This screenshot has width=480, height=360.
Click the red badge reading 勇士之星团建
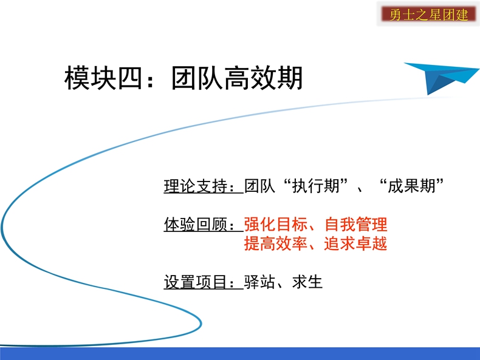[x=428, y=15]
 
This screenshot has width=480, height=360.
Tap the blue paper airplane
[x=441, y=77]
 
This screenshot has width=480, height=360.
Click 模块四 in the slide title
[x=103, y=78]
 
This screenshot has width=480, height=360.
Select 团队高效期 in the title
[x=236, y=78]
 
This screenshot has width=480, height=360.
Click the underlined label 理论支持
[x=196, y=186]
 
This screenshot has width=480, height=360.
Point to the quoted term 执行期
[x=316, y=186]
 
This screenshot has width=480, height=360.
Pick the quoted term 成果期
[x=411, y=186]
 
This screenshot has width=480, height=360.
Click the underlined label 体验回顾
[x=196, y=225]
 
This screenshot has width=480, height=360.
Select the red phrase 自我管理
[x=356, y=225]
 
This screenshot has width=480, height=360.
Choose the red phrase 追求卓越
[x=355, y=244]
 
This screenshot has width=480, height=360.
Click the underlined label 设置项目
[x=196, y=282]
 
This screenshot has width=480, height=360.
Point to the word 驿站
[x=259, y=282]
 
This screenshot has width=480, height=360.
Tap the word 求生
[x=307, y=282]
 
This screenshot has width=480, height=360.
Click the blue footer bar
[x=240, y=353]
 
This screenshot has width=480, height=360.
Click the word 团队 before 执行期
[x=259, y=186]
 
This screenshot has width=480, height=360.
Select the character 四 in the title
[x=130, y=78]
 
